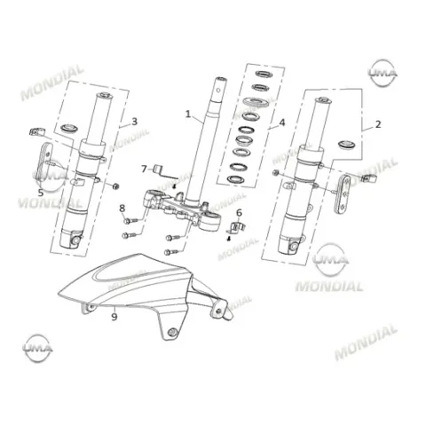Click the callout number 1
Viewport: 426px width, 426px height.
[x=188, y=114]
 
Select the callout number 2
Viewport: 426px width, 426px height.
[x=378, y=124]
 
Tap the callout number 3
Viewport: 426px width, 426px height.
[x=135, y=122]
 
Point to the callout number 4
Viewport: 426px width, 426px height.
[x=282, y=122]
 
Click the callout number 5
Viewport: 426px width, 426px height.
[x=41, y=193]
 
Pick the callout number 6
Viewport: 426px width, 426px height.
[x=239, y=212]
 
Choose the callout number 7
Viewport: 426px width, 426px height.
[x=144, y=169]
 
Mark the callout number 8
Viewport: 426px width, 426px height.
[x=122, y=209]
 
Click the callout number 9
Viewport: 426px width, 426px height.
[x=114, y=317]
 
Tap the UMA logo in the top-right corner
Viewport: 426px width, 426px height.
[x=383, y=73]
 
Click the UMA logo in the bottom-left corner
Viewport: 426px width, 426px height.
[x=37, y=349]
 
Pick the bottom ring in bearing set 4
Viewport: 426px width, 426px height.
[x=235, y=179]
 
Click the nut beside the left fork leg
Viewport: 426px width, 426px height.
[x=116, y=186]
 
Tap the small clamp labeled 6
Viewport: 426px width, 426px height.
[x=236, y=227]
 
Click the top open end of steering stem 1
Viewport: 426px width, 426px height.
[x=221, y=79]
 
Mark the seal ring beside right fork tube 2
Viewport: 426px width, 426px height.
[x=347, y=145]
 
